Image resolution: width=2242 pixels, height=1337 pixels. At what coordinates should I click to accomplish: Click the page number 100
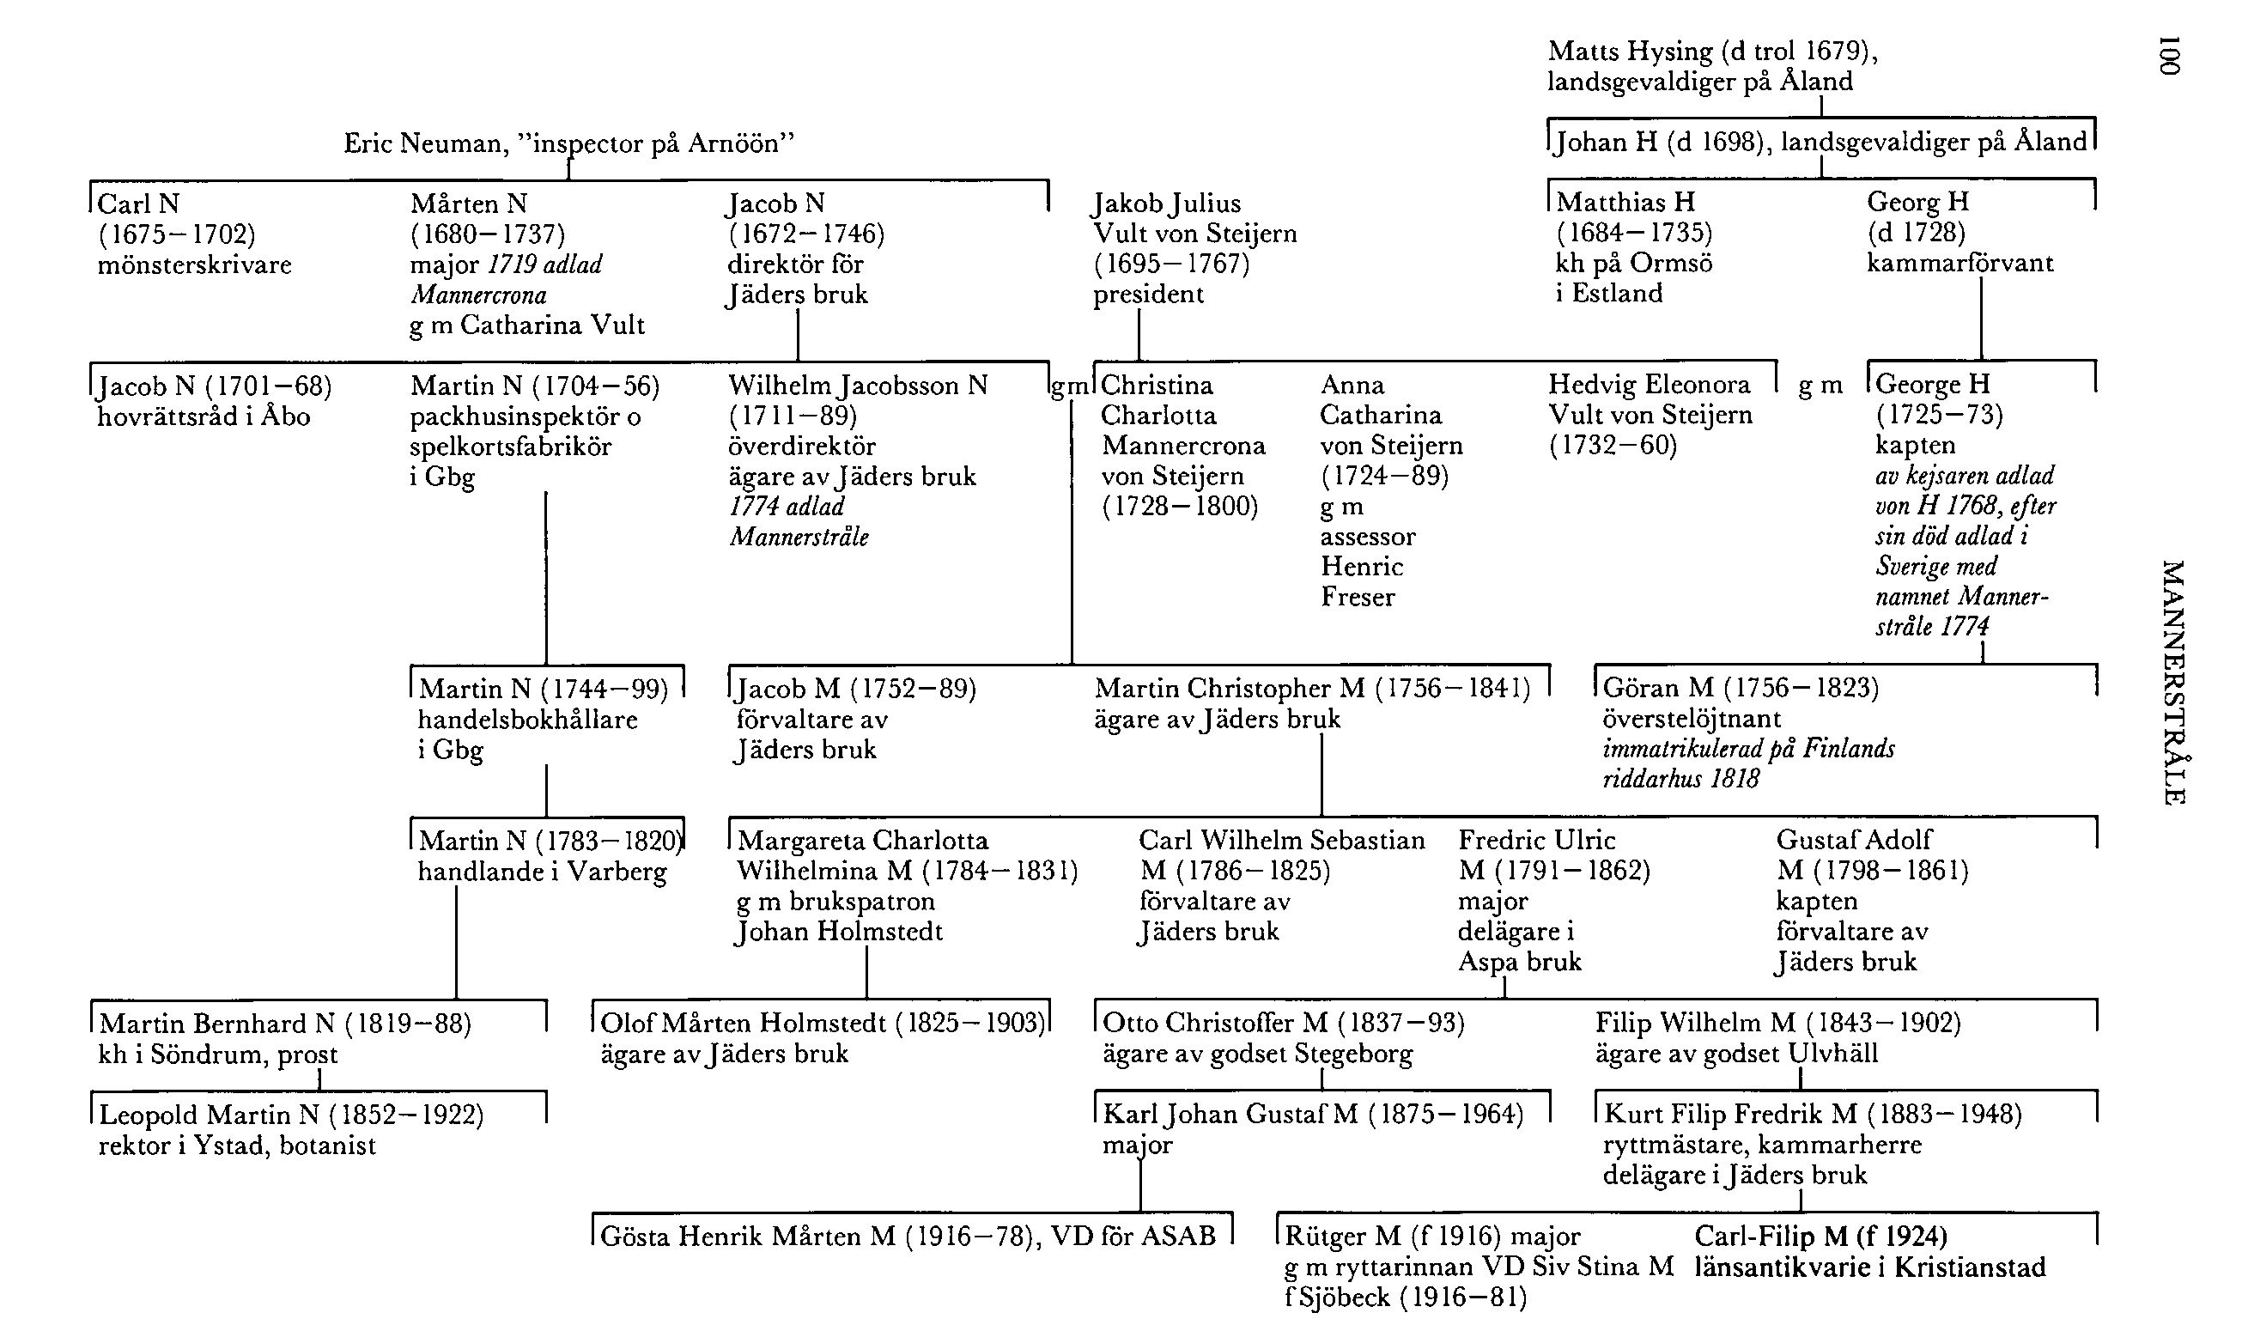click(2171, 56)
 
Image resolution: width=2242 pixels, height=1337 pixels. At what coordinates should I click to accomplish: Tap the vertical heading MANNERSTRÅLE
click(2172, 682)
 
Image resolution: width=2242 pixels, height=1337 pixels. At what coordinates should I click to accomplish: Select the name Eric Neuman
click(425, 143)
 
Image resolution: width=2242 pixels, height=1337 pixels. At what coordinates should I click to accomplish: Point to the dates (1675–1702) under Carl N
click(177, 234)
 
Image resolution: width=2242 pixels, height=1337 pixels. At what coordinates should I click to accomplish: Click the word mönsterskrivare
click(195, 264)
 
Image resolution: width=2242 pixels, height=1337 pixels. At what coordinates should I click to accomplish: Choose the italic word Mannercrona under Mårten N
click(478, 295)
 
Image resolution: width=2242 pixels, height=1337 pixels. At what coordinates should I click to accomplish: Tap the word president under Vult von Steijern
click(1148, 295)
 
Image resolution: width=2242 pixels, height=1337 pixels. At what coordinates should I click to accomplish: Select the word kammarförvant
click(1960, 263)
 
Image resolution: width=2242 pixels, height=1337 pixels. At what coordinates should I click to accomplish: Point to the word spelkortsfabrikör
click(511, 446)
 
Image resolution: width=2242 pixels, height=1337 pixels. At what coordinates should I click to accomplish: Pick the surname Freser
click(1358, 597)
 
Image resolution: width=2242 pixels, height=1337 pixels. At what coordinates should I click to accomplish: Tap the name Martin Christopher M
click(1230, 690)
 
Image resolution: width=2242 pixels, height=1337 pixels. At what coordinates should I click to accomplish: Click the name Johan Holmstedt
click(840, 932)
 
